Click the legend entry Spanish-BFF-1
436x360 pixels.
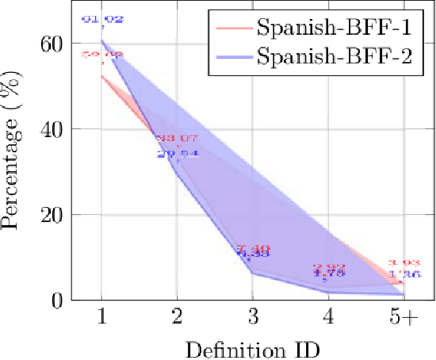[x=333, y=29]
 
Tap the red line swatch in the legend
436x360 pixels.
[x=233, y=30]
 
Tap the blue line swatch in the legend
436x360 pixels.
[x=233, y=56]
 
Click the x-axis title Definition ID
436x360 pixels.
[x=252, y=347]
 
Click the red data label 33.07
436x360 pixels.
[x=177, y=140]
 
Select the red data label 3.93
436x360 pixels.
[x=403, y=263]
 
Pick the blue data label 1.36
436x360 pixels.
[x=403, y=274]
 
